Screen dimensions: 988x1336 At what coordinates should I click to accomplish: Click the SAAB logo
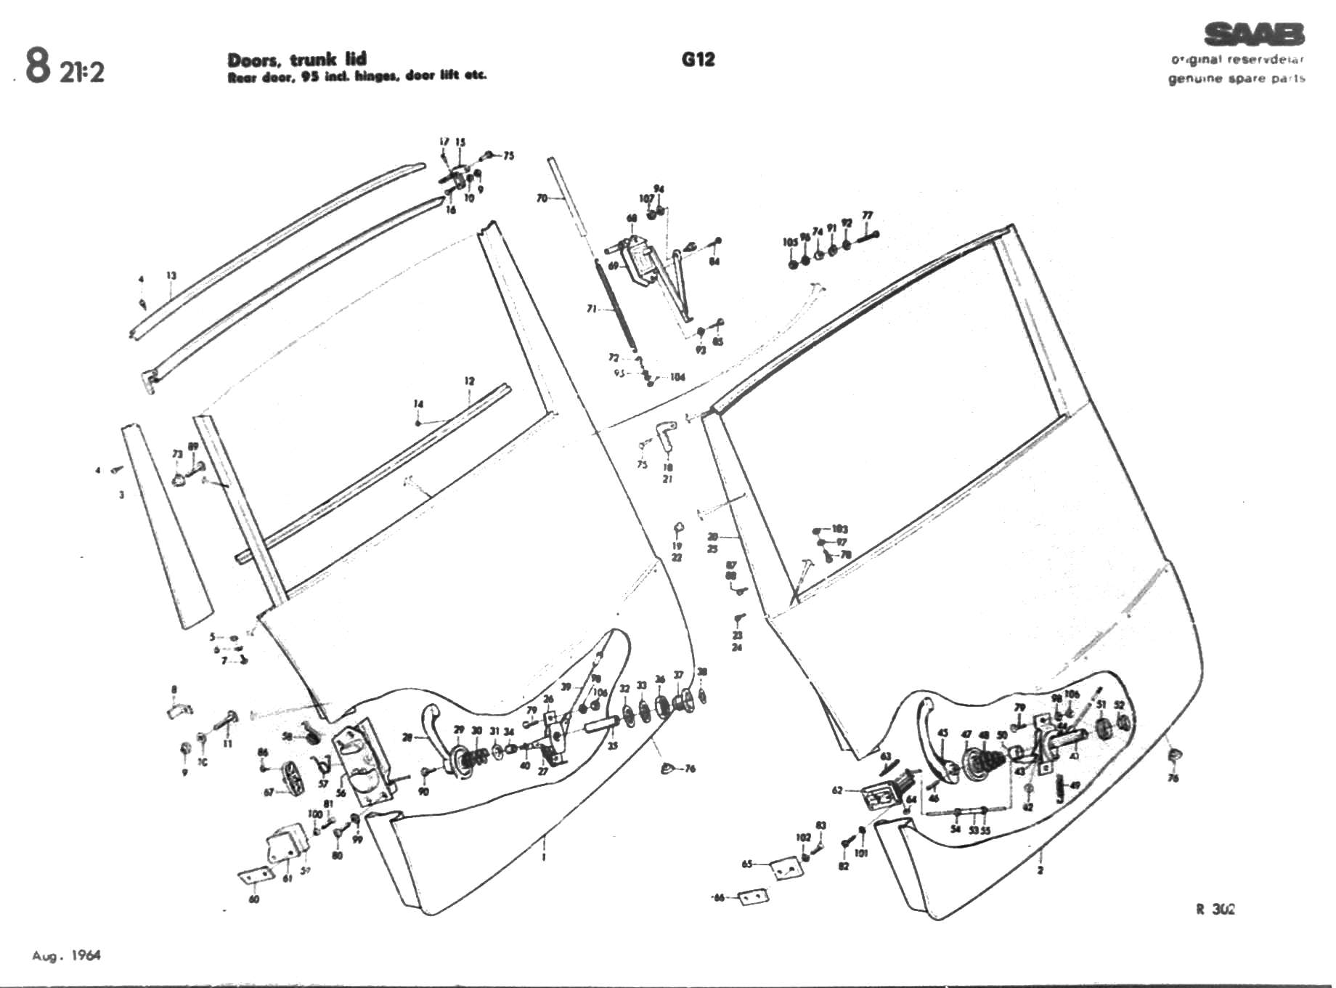pos(1254,34)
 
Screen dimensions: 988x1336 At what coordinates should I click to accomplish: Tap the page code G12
pos(698,60)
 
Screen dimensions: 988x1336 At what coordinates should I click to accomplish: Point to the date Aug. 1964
pos(66,955)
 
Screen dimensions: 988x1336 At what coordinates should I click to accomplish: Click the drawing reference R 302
pos(1215,909)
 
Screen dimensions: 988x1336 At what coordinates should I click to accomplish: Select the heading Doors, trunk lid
pos(297,59)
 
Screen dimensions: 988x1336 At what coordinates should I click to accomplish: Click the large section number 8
pos(38,66)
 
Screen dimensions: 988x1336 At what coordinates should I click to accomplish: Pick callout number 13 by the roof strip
pos(171,276)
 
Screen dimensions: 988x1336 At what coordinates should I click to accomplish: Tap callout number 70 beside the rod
pos(542,198)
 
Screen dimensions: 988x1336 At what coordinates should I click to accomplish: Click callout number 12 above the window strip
pos(470,381)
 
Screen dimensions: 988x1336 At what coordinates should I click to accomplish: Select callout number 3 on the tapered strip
pos(122,495)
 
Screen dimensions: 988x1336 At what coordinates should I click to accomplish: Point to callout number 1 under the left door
pos(544,857)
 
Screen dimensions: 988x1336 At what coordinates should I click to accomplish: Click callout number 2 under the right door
pos(1040,870)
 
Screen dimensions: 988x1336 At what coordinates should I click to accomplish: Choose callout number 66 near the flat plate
pos(719,898)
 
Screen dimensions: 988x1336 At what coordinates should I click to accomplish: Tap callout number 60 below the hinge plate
pos(253,899)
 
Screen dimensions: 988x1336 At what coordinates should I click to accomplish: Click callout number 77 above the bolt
pos(867,216)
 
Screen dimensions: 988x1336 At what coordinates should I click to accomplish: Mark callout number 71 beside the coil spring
pos(592,309)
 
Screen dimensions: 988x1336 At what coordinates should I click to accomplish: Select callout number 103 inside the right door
pos(840,529)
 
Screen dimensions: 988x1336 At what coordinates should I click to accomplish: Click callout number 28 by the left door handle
pos(407,737)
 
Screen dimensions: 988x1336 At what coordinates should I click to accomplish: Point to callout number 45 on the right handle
pos(942,734)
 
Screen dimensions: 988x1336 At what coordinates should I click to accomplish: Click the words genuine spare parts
pos(1236,78)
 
